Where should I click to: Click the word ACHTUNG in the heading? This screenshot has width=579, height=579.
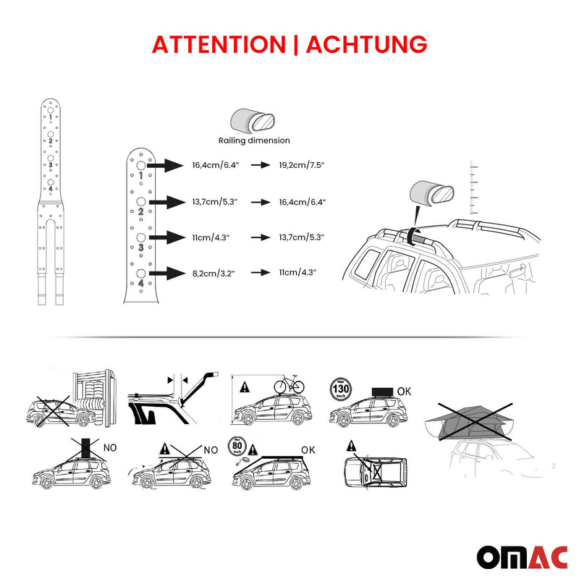(x=366, y=44)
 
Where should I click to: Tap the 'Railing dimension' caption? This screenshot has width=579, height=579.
(x=254, y=140)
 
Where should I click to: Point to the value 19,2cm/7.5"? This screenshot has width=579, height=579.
(x=302, y=166)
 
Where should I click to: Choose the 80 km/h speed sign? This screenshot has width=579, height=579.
(x=239, y=446)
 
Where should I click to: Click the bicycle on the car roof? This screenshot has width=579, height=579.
(x=288, y=384)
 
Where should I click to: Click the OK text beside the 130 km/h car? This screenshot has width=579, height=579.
(x=405, y=391)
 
